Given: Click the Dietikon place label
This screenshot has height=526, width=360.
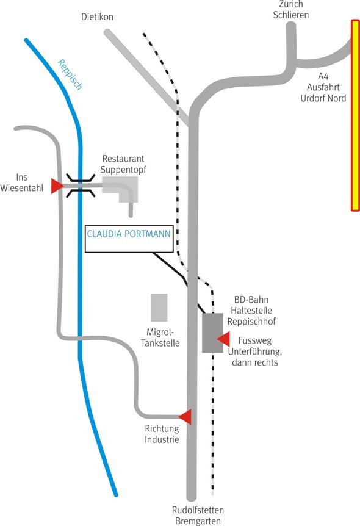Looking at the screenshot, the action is pyautogui.click(x=97, y=16).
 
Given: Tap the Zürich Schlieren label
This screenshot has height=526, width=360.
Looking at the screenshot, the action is pyautogui.click(x=291, y=10).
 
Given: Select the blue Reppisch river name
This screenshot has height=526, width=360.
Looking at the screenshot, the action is pyautogui.click(x=70, y=74).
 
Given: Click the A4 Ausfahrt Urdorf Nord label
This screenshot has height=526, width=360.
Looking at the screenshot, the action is pyautogui.click(x=323, y=87).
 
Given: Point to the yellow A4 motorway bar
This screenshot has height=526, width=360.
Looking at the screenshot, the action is pyautogui.click(x=355, y=115).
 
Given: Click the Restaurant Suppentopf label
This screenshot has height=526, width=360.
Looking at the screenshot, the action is pyautogui.click(x=123, y=164).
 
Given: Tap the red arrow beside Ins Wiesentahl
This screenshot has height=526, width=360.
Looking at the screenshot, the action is pyautogui.click(x=57, y=186).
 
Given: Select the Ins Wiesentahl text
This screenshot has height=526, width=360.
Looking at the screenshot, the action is pyautogui.click(x=22, y=182).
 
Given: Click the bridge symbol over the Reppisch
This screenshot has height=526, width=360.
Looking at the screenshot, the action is pyautogui.click(x=81, y=186).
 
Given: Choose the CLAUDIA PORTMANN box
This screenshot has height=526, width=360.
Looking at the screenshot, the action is pyautogui.click(x=129, y=239).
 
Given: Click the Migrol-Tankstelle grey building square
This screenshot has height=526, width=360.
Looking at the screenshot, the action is pyautogui.click(x=159, y=308).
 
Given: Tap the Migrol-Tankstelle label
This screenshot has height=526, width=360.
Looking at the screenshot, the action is pyautogui.click(x=160, y=337).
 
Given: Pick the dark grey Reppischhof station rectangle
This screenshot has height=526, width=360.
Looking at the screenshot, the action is pyautogui.click(x=212, y=333).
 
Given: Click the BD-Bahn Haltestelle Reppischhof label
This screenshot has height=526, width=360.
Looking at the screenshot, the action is pyautogui.click(x=251, y=311).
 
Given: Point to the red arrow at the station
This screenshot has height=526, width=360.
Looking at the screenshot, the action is pyautogui.click(x=223, y=339).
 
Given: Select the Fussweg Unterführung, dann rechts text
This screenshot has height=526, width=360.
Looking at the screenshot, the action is pyautogui.click(x=255, y=351).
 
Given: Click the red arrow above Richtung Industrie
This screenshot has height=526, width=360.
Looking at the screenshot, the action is pyautogui.click(x=185, y=417).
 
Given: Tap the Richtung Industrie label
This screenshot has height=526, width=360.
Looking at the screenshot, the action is pyautogui.click(x=162, y=434).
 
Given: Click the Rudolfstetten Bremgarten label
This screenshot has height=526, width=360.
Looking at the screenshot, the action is pyautogui.click(x=198, y=516).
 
